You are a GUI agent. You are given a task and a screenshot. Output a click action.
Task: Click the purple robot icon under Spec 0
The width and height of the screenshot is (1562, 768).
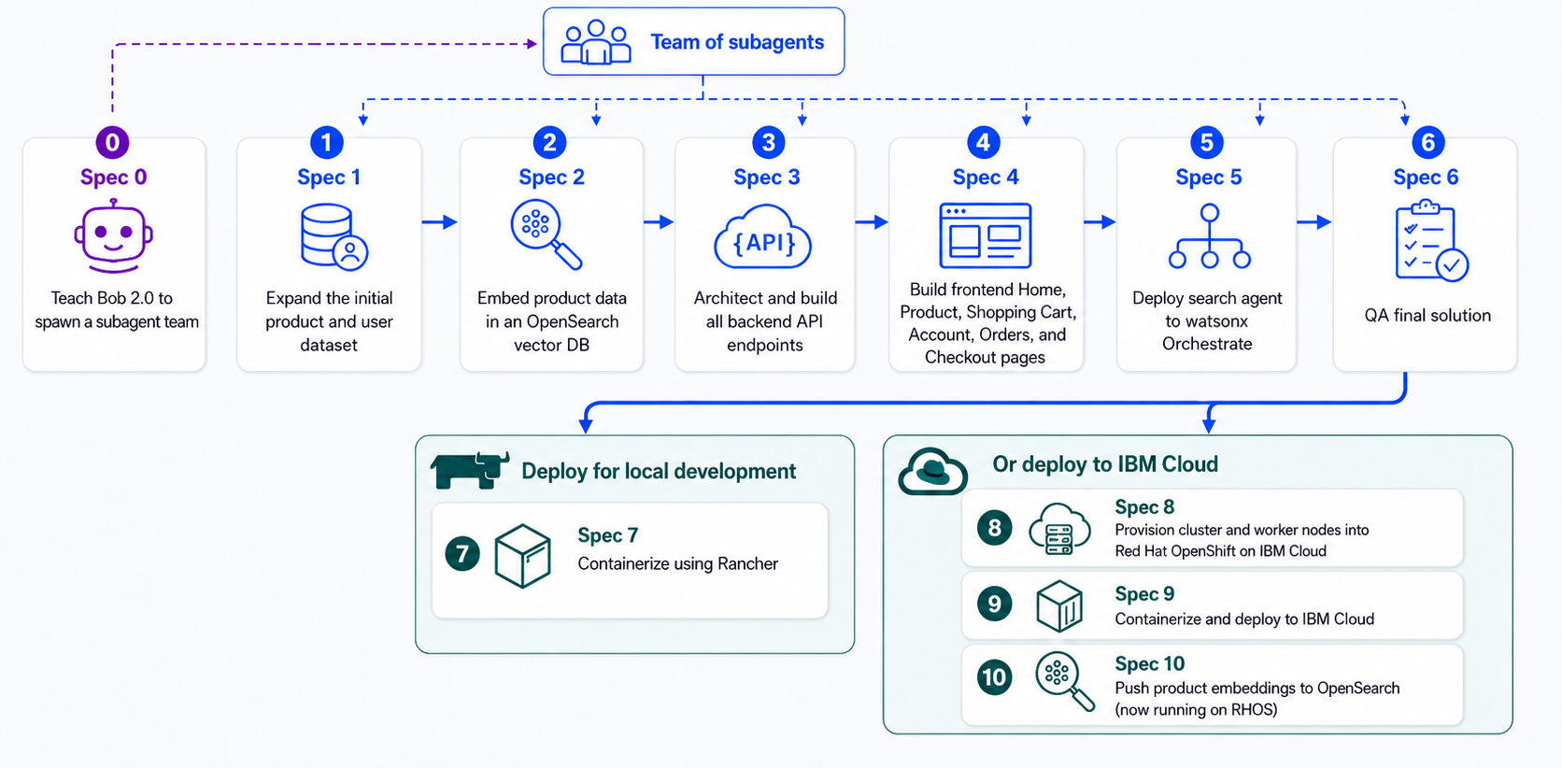pos(113,235)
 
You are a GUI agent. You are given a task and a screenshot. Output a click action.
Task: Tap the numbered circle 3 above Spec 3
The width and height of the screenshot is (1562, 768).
pos(769,142)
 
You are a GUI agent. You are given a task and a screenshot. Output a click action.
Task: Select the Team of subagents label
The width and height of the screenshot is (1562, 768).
pos(737,42)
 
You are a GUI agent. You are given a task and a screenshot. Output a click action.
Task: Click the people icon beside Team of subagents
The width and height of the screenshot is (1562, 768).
pos(596,42)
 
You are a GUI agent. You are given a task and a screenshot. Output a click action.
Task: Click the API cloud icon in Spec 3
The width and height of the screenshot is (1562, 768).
pos(763,237)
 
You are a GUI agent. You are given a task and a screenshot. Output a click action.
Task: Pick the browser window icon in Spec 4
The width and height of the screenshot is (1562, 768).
pos(986,235)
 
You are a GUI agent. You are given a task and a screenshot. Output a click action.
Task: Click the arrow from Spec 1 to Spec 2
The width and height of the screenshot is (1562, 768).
pos(440,221)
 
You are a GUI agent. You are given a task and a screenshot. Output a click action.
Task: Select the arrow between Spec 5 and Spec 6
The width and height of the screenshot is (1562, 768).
pos(1314,221)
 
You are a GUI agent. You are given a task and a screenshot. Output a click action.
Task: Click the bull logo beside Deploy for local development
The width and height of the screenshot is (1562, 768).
pos(469,470)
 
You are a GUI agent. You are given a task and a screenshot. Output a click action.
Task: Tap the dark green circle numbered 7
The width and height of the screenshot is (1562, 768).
pos(462,554)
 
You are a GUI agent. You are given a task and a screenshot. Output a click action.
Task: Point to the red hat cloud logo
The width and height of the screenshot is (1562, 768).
pos(933,471)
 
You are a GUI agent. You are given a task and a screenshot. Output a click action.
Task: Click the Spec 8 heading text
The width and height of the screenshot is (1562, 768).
pos(1144,506)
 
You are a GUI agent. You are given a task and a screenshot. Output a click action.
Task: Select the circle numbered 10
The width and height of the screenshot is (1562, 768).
pos(994,676)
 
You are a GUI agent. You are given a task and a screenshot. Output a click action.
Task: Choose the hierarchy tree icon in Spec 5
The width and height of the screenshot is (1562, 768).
pos(1210,236)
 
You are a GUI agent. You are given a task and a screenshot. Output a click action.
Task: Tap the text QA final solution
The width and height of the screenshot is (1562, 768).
pos(1427,315)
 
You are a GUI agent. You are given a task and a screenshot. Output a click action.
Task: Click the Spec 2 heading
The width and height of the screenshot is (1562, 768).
pos(551,178)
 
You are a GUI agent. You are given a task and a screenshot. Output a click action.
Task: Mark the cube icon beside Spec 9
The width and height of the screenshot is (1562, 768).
pos(1059,606)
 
